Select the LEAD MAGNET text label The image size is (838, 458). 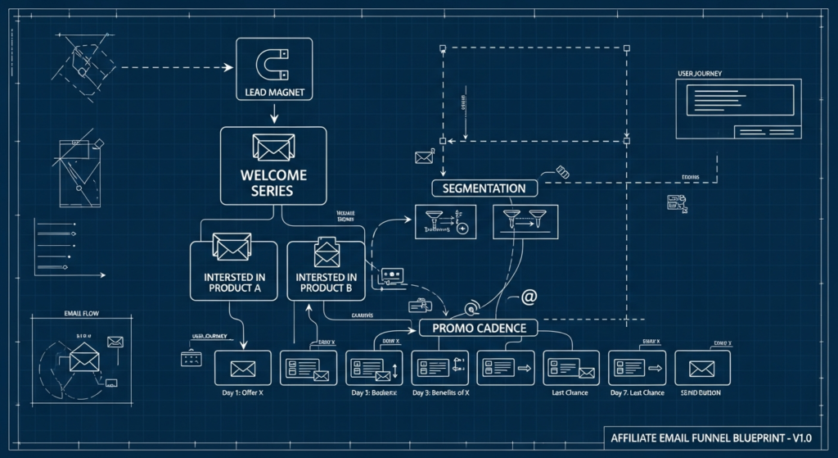(x=275, y=93)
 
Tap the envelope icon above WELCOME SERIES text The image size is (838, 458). (x=273, y=147)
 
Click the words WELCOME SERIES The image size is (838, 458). (x=273, y=183)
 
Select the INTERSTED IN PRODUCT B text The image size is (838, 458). (x=326, y=283)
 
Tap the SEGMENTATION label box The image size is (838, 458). (x=484, y=188)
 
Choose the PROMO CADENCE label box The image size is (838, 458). (x=479, y=328)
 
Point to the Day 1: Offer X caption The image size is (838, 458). (x=244, y=393)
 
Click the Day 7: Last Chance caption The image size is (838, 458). (x=638, y=393)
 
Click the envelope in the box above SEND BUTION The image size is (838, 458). (x=702, y=368)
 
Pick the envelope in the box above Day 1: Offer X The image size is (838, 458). (x=243, y=368)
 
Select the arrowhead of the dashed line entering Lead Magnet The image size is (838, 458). (x=230, y=67)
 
